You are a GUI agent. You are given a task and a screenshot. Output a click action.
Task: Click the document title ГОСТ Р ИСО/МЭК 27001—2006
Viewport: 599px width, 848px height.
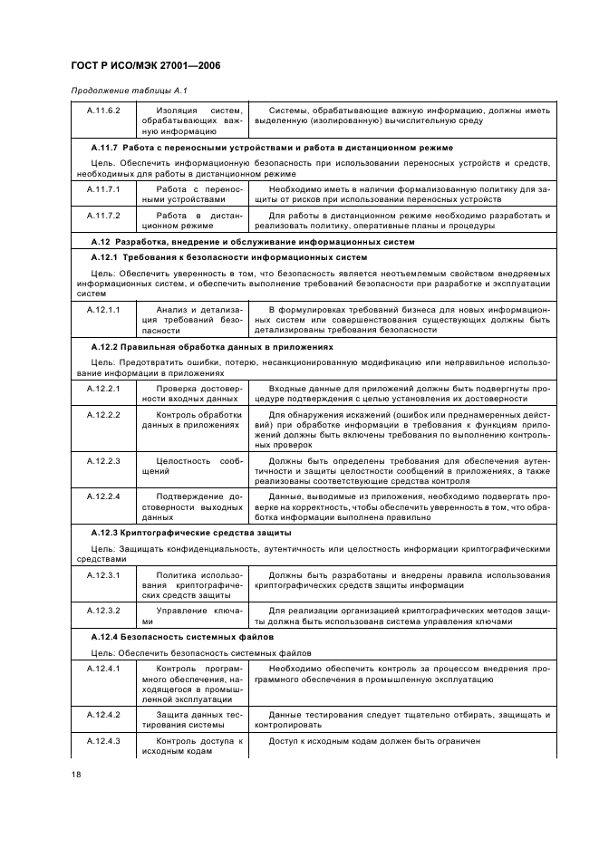145,66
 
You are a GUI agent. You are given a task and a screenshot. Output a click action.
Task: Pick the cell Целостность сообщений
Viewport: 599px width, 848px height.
188,467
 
